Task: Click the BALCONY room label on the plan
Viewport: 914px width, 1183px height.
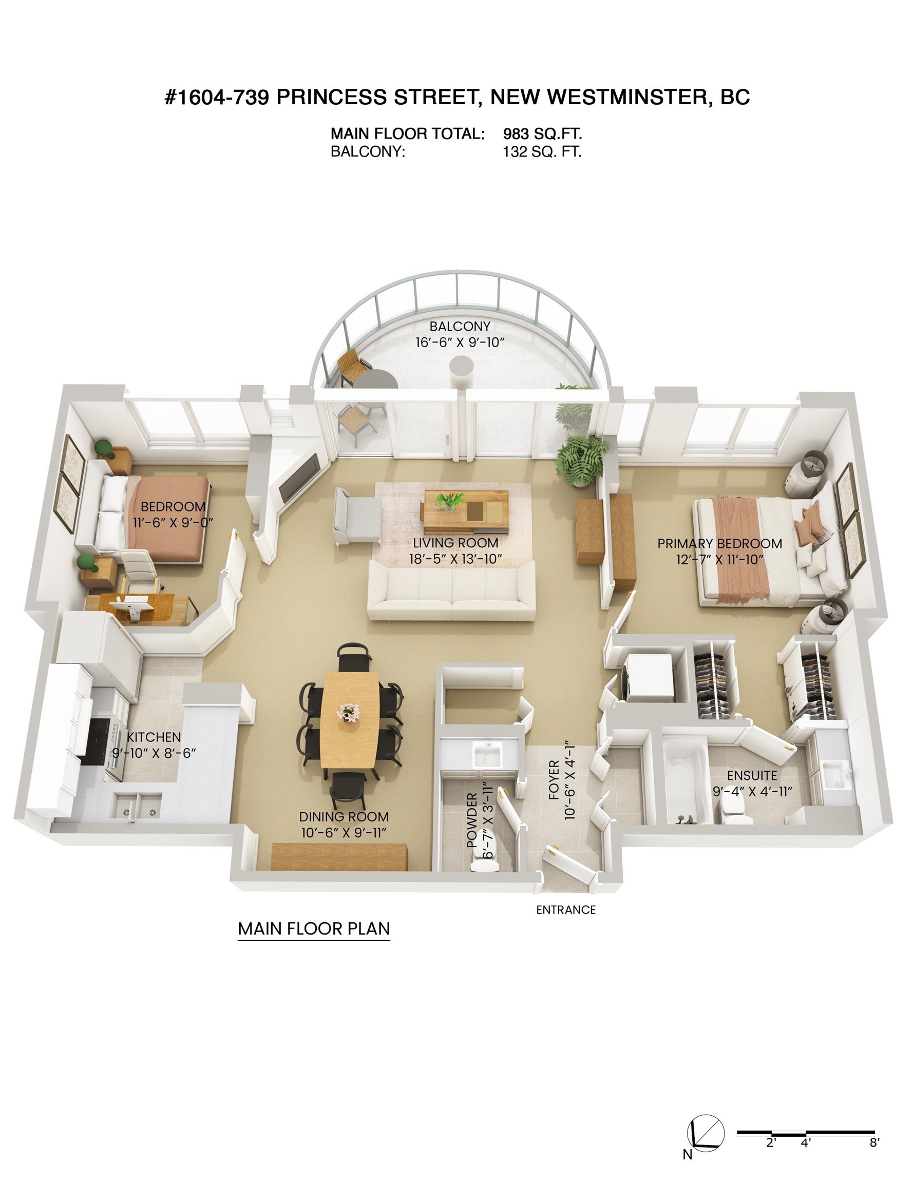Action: click(x=460, y=326)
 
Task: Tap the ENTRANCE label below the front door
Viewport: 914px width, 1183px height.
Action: click(x=566, y=910)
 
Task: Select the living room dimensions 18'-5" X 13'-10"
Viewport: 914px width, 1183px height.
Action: click(x=455, y=559)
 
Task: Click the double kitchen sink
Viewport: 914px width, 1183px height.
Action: click(x=138, y=806)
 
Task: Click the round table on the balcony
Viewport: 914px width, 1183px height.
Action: click(x=377, y=379)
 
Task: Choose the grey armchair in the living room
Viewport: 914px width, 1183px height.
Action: click(x=357, y=514)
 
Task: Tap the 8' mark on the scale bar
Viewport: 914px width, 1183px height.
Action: click(x=874, y=1144)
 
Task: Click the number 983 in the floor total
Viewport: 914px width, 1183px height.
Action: click(x=516, y=134)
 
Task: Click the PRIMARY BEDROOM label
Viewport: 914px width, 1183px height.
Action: click(x=719, y=543)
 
